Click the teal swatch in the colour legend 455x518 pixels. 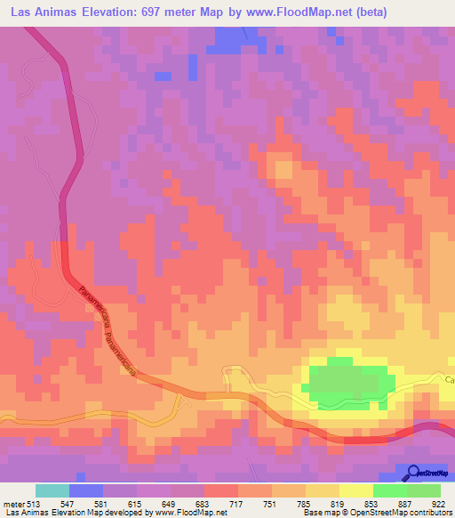click(52, 490)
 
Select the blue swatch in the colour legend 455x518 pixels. click(85, 490)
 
